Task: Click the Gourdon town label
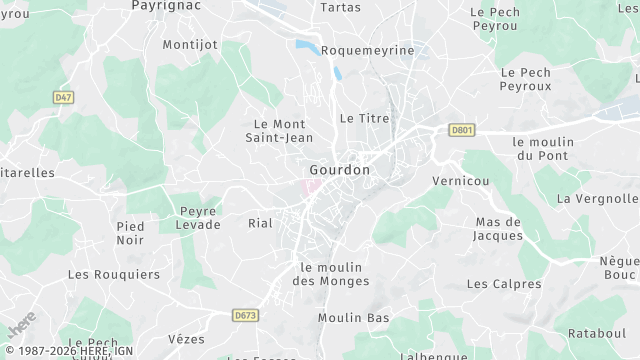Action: [x=340, y=170]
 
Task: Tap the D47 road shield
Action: [x=64, y=97]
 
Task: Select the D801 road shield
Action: [x=460, y=129]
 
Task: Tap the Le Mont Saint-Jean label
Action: [x=280, y=130]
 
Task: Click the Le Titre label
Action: [x=364, y=117]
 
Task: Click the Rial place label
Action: [x=260, y=223]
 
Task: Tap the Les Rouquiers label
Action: [x=114, y=273]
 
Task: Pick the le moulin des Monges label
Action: [x=330, y=273]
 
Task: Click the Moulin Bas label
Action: [x=354, y=318]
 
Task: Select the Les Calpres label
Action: [x=504, y=284]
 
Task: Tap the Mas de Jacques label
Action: [x=499, y=228]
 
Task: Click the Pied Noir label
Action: [x=130, y=233]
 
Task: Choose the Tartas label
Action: [x=340, y=7]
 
